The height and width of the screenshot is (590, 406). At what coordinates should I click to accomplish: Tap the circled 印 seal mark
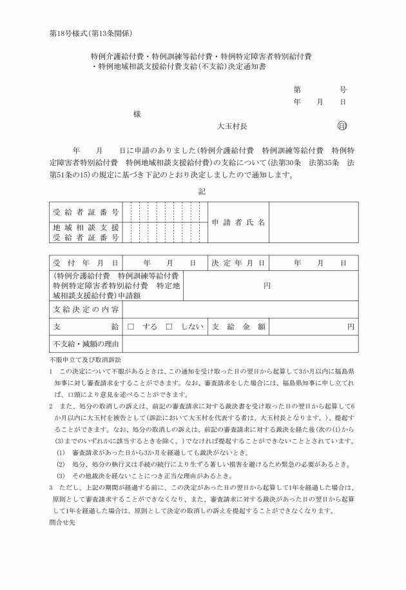click(342, 126)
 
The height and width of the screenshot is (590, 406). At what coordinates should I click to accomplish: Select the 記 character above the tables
click(202, 191)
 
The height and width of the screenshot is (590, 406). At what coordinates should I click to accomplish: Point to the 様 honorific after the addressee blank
click(137, 114)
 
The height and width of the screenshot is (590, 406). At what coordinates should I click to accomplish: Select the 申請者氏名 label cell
click(238, 222)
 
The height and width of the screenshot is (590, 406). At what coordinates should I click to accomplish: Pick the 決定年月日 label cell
click(238, 263)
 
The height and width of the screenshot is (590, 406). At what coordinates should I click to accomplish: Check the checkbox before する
click(130, 327)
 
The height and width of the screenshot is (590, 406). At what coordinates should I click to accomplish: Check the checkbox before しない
click(169, 327)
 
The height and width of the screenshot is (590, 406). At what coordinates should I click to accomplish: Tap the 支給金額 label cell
click(238, 327)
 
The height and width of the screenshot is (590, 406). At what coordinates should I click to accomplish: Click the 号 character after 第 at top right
click(343, 90)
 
